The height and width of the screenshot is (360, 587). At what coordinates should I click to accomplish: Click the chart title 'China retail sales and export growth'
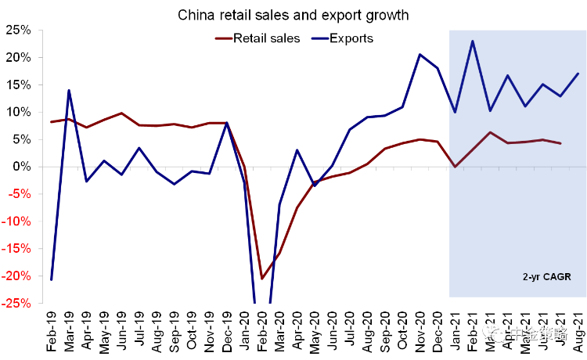(294, 14)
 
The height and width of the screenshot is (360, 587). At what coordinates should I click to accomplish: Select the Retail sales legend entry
(266, 38)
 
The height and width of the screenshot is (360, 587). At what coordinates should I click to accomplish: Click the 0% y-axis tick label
(22, 167)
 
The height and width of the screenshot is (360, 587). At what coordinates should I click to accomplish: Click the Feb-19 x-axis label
(52, 331)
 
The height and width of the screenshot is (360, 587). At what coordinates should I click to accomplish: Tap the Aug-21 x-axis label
(578, 331)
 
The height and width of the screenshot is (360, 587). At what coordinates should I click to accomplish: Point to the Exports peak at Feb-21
(473, 41)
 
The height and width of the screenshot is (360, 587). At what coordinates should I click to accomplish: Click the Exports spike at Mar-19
(69, 90)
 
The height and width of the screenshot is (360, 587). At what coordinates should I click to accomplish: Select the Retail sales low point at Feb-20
(262, 279)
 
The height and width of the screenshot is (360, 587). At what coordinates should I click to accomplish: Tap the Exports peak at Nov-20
(420, 54)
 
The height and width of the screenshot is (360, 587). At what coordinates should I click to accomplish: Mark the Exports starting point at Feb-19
(52, 279)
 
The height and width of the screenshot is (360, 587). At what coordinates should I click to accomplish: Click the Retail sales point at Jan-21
(455, 167)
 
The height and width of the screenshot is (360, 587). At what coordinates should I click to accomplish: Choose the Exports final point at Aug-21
(578, 74)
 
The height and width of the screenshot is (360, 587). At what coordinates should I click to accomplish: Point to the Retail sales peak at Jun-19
(121, 113)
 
